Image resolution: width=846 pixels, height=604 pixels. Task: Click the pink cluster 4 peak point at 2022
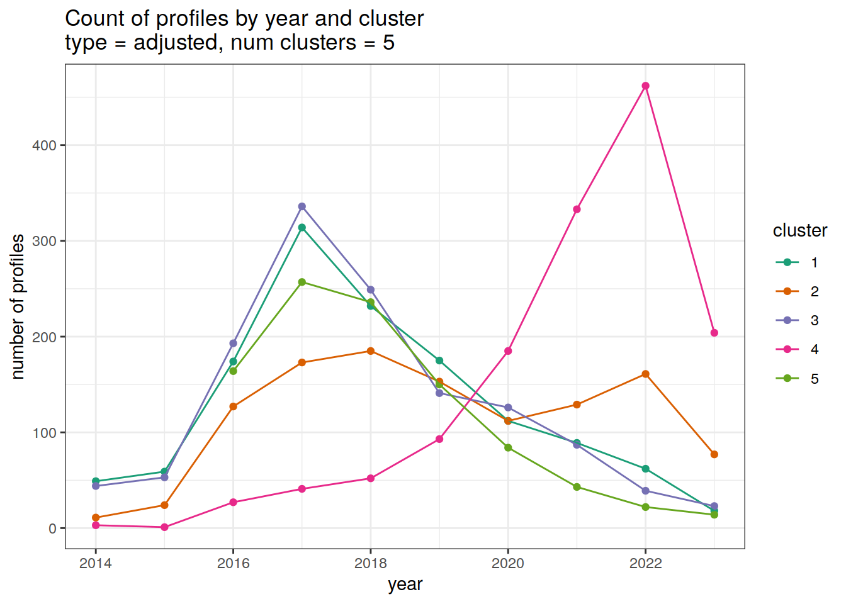pos(645,86)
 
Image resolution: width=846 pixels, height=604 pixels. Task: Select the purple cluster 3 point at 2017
pos(302,206)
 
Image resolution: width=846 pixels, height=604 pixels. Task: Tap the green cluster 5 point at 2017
pos(302,282)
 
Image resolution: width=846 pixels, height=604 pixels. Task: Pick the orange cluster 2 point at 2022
pos(645,374)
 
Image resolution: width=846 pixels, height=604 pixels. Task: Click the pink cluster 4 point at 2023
pos(714,333)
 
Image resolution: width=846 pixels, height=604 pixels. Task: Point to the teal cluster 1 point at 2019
pos(439,361)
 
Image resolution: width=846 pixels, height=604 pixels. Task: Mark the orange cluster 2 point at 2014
pos(96,518)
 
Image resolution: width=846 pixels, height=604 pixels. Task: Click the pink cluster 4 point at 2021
pos(577,210)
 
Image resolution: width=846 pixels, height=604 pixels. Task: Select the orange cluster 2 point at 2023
pos(714,454)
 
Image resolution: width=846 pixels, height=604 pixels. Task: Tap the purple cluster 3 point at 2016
pos(233,344)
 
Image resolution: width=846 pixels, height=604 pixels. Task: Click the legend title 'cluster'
pos(799,231)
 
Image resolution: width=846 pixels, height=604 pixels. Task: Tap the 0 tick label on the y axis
pos(52,528)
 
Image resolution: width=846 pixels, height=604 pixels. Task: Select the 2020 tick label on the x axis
pos(507,563)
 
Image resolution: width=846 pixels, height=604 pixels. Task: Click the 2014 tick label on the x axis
pos(96,563)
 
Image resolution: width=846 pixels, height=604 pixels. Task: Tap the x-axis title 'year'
pos(405,584)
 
